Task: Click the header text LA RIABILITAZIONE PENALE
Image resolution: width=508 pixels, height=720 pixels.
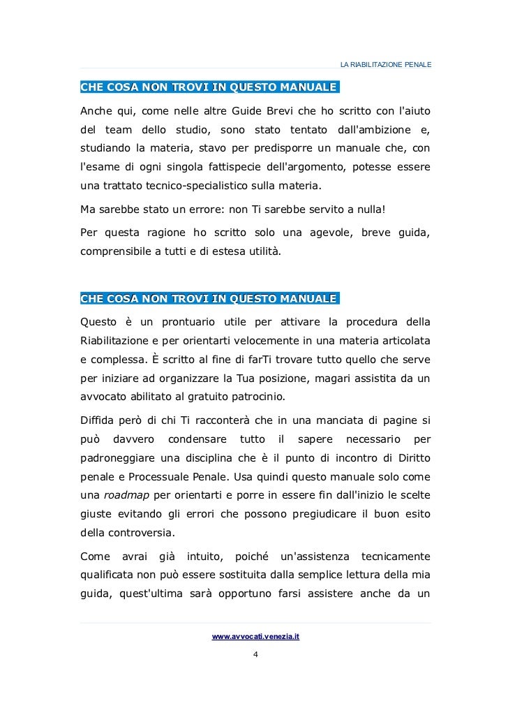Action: [x=385, y=65]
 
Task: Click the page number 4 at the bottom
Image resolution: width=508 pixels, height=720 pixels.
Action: [x=255, y=654]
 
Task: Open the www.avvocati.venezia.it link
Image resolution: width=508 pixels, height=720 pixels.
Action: [x=255, y=637]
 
